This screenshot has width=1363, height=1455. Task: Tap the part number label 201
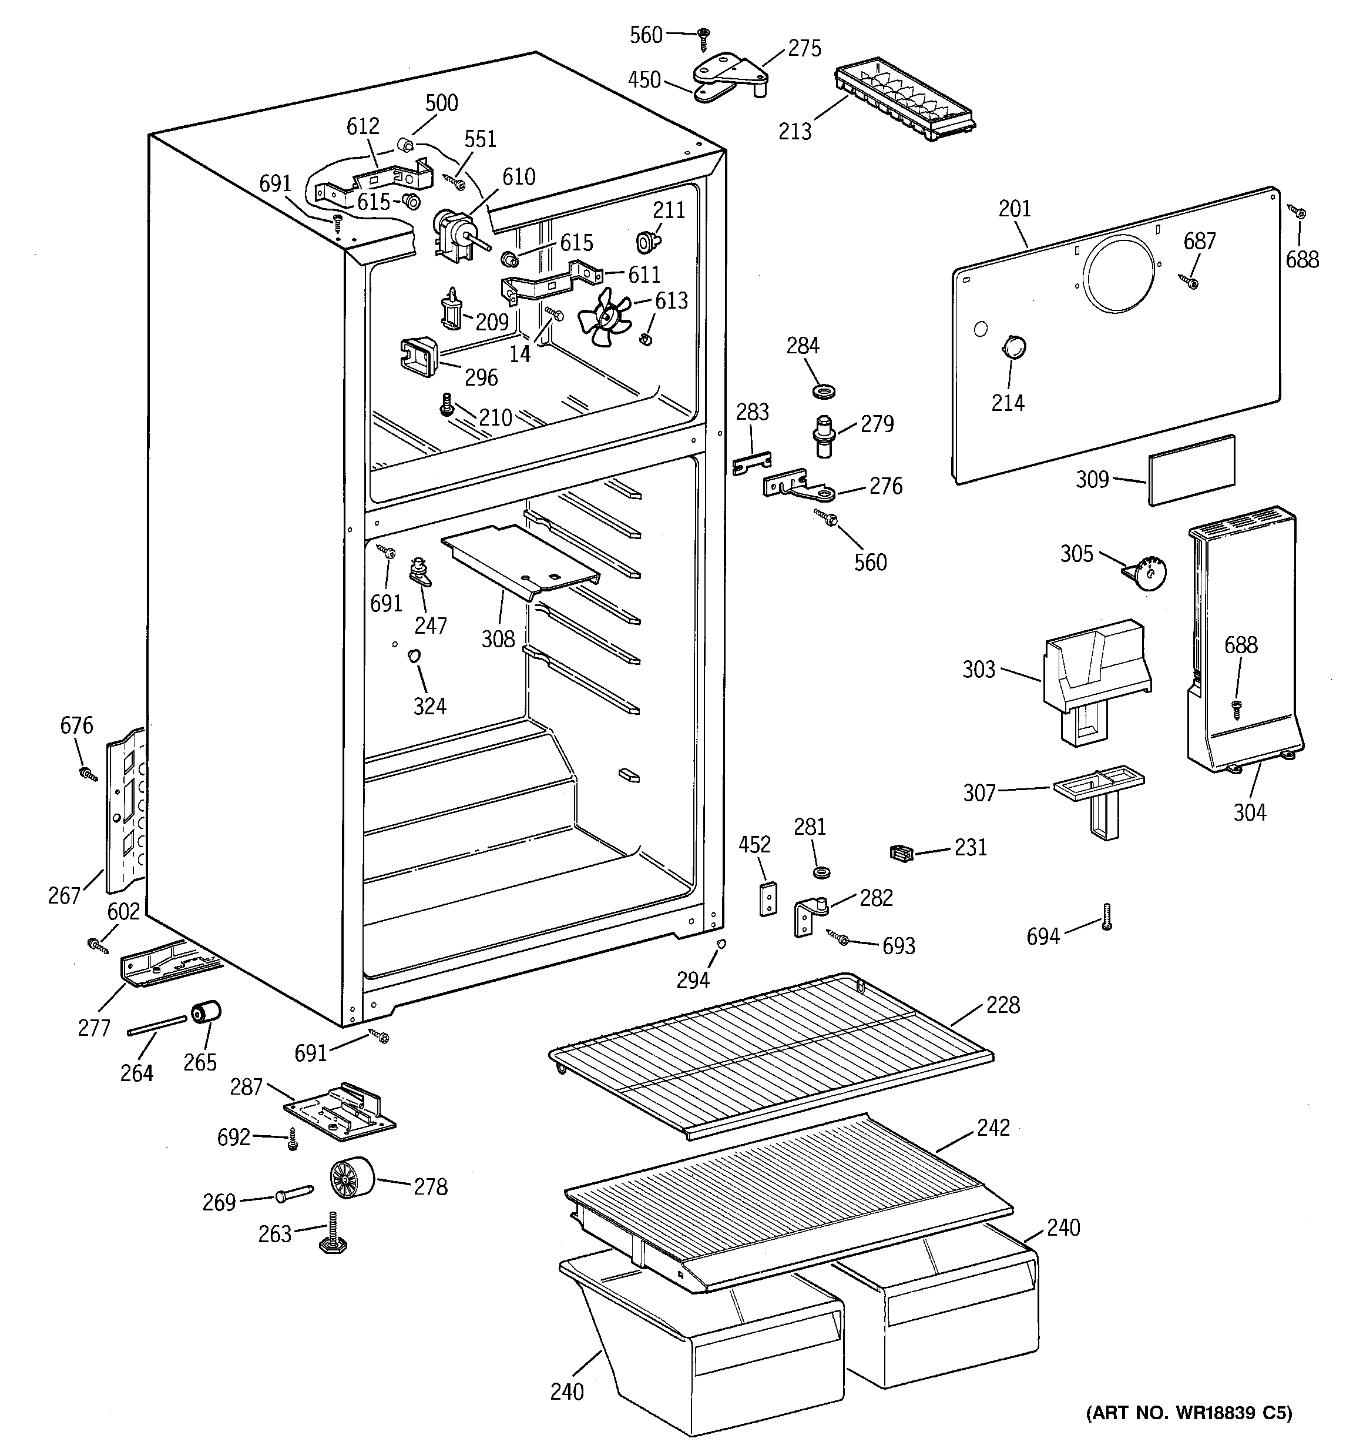point(1014,209)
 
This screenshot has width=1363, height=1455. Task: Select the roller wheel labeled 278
point(351,1180)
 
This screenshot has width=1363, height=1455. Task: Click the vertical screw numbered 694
point(1106,917)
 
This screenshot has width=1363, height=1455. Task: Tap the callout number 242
point(993,1128)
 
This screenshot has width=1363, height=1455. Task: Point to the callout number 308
point(498,639)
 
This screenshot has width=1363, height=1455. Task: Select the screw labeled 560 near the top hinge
point(703,36)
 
